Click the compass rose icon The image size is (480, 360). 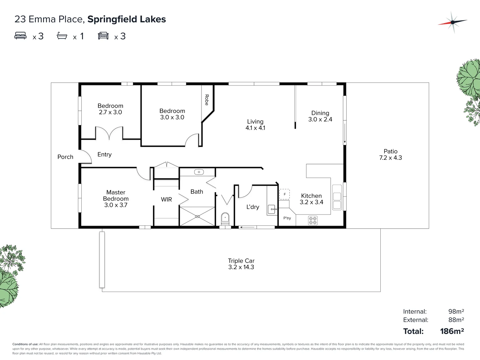[x=452, y=22]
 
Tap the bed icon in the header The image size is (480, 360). [x=20, y=36]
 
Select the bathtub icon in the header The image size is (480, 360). [x=62, y=36]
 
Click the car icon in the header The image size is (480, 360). [x=103, y=36]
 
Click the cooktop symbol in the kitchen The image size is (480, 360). [x=313, y=220]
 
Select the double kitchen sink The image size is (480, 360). [x=337, y=197]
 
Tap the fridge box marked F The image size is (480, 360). [x=284, y=194]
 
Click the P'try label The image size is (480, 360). [x=287, y=218]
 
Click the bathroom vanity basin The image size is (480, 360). [x=199, y=172]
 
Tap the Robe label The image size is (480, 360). [x=207, y=100]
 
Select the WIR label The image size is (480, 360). [x=166, y=199]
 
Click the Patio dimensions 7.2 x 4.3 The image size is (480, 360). [x=390, y=158]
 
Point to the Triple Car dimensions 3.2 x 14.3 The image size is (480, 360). [x=241, y=267]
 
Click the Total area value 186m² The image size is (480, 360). [x=452, y=331]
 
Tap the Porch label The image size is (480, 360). [x=65, y=157]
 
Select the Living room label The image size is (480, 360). [x=255, y=122]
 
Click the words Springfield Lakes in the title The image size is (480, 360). [x=126, y=19]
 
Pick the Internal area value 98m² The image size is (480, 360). [x=456, y=311]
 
